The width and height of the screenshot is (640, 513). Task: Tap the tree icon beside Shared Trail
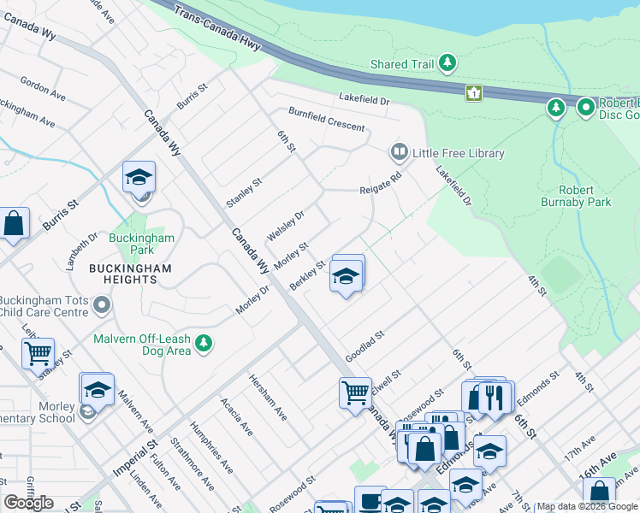coord(447,63)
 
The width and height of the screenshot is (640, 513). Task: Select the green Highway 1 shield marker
coord(473,92)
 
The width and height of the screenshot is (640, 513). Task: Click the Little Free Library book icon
coord(399,153)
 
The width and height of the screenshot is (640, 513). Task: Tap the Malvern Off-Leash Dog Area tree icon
coord(203,344)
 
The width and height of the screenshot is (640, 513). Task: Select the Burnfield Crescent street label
coord(326,120)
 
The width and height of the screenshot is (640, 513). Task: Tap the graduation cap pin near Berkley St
coord(347,276)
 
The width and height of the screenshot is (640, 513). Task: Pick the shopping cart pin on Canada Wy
coord(355,393)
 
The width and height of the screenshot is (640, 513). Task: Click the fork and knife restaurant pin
coord(495,397)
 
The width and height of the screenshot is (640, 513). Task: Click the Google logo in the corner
coord(29,503)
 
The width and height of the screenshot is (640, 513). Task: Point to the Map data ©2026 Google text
coord(587,506)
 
